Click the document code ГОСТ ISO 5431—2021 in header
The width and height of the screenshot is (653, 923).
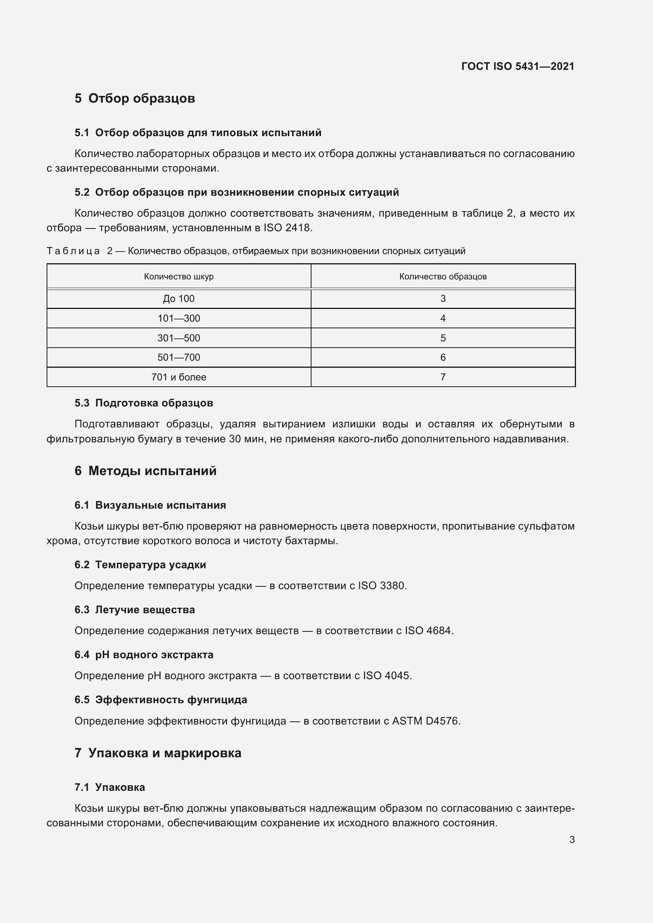[x=518, y=66]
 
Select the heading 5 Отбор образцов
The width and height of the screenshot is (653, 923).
[x=135, y=99]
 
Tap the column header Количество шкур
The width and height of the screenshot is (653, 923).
[x=179, y=277]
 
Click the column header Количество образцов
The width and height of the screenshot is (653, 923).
[x=443, y=277]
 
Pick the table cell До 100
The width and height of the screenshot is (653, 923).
[x=179, y=299]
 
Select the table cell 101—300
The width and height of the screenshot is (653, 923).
[x=179, y=318]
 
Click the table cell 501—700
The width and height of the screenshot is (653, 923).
[x=179, y=358]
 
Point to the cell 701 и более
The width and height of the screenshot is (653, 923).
[x=179, y=377]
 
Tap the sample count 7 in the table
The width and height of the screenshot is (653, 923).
[x=443, y=377]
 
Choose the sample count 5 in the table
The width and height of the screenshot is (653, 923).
[x=443, y=338]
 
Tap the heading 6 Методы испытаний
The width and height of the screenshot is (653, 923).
[x=146, y=471]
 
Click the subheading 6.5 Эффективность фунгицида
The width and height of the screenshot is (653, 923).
[x=161, y=700]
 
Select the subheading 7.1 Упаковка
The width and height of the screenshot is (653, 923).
[x=110, y=788]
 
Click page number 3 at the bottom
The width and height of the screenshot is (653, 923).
[x=572, y=840]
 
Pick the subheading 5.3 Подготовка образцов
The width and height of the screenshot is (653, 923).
[x=144, y=403]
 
